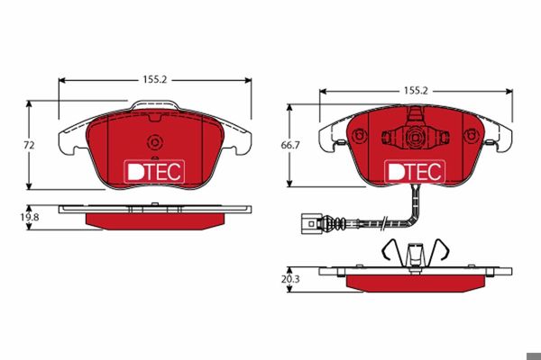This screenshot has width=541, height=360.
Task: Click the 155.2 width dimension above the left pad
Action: (x=155, y=79)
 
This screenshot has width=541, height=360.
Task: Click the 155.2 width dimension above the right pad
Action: (x=416, y=91)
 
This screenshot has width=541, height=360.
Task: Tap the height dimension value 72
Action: (x=30, y=146)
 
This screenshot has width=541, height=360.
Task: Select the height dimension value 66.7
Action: (x=290, y=146)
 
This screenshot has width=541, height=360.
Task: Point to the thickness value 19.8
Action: (x=30, y=218)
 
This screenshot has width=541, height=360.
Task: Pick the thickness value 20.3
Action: (x=290, y=279)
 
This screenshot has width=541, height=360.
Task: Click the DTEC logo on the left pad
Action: (x=154, y=171)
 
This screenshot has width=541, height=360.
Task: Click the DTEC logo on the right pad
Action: (x=415, y=171)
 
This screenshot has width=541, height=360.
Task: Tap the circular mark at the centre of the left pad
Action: (x=154, y=142)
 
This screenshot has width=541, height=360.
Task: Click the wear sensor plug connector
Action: (x=312, y=224)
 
